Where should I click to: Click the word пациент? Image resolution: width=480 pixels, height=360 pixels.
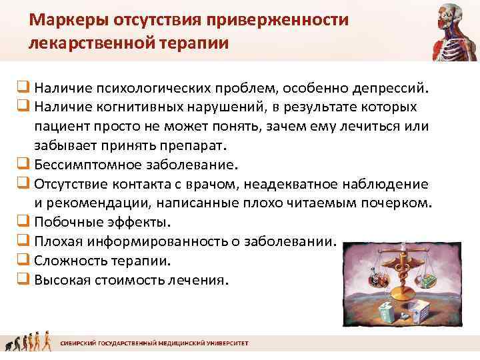coord(63,126)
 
